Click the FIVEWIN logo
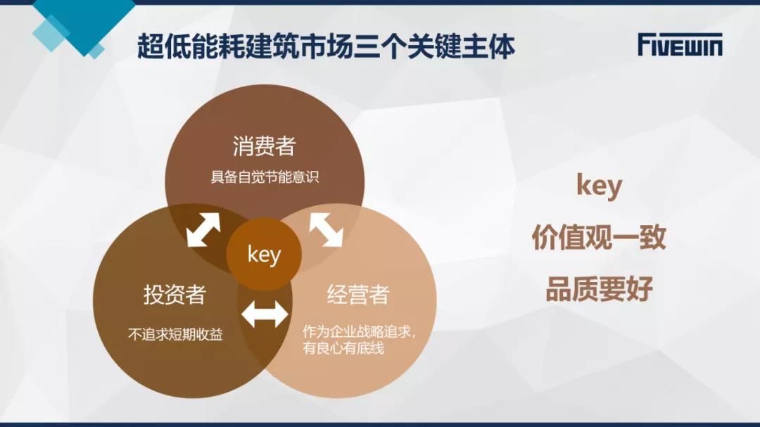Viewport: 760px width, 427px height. point(680,44)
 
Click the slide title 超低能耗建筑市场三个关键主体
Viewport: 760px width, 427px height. point(326,46)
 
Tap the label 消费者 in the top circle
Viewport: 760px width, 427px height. point(264,146)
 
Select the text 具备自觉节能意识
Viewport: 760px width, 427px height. point(265,177)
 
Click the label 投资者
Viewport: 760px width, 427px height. point(175,294)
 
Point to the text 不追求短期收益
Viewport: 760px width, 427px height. point(175,334)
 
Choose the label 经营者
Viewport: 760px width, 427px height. point(358,294)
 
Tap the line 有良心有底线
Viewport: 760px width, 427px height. point(343,348)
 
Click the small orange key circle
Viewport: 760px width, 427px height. point(264,254)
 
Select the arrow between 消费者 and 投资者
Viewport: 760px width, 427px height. point(203,229)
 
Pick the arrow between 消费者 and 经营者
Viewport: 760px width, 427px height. point(327,229)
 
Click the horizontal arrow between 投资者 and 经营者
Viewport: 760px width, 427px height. point(265,314)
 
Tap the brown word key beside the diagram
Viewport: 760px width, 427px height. point(599,186)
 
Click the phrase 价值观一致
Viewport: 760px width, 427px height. point(599,237)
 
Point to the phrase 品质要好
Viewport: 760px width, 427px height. point(599,289)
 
